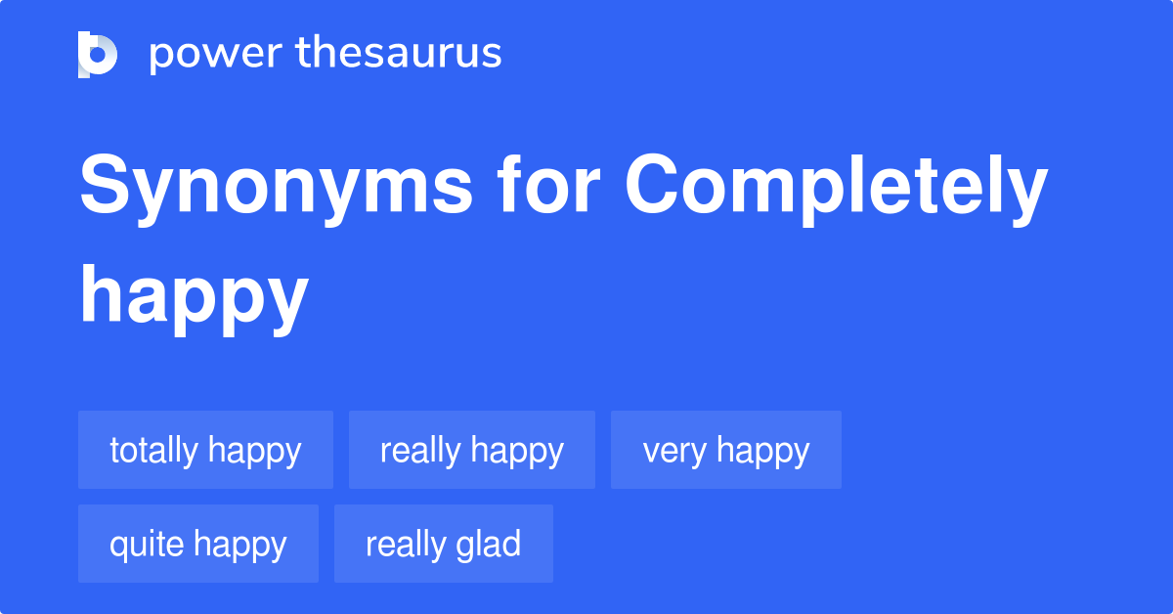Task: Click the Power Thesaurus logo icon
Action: click(98, 54)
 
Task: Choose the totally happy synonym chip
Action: click(205, 451)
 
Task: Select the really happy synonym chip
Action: click(471, 451)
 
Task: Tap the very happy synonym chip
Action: click(725, 451)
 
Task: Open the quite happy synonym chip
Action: click(197, 545)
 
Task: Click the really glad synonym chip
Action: click(443, 545)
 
